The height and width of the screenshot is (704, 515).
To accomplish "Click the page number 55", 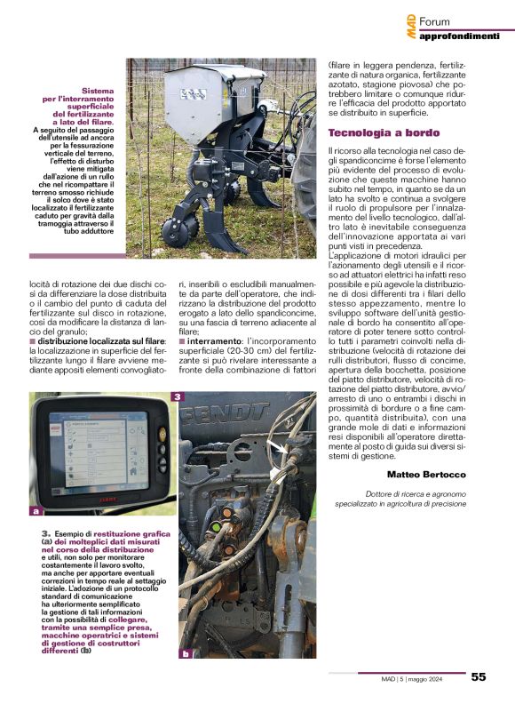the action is click(x=479, y=676).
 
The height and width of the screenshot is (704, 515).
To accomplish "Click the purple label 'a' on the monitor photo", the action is click(x=35, y=511).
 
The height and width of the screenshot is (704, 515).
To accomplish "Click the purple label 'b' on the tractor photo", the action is click(x=186, y=653).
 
